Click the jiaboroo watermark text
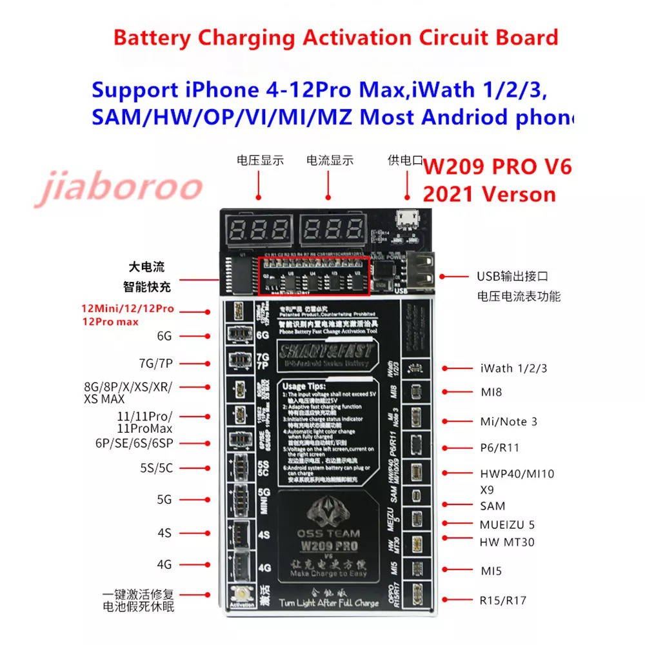click(x=119, y=186)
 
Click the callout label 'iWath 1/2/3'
click(x=513, y=368)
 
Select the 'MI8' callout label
click(x=491, y=392)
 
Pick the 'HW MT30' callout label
click(x=507, y=542)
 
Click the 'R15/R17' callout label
click(x=503, y=600)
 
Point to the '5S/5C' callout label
click(x=156, y=468)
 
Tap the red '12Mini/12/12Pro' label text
click(x=128, y=309)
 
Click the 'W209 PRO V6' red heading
click(x=497, y=166)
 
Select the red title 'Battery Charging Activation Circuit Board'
click(x=335, y=37)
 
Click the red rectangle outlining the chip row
click(x=314, y=276)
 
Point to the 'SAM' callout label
click(x=493, y=506)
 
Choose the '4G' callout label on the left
click(x=164, y=564)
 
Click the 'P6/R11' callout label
click(x=500, y=448)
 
